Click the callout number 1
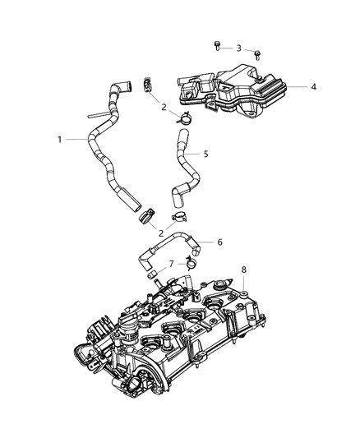[x=60, y=140]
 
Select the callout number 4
[x=313, y=86]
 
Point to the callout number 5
[x=206, y=153]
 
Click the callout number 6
[x=219, y=242]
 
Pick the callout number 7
[x=170, y=264]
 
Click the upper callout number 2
[x=164, y=107]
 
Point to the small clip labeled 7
[x=191, y=263]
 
